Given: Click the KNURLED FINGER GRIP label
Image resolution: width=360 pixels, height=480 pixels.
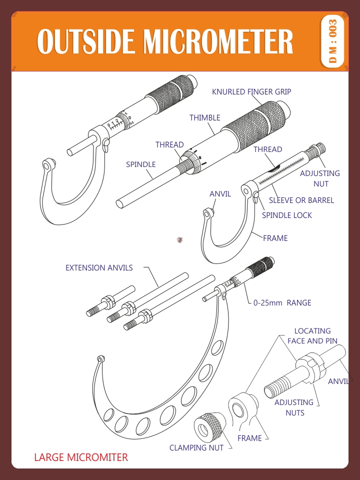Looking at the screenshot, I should click(251, 92).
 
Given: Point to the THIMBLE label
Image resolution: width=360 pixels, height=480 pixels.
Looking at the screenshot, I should click(204, 118).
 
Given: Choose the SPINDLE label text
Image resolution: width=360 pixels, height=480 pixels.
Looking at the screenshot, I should click(140, 164).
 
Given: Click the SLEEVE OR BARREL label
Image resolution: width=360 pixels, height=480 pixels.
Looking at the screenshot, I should click(301, 200).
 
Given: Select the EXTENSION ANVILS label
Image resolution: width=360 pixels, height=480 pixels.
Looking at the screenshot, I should click(99, 268).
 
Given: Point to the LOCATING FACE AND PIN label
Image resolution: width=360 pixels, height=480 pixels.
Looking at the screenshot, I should click(312, 336).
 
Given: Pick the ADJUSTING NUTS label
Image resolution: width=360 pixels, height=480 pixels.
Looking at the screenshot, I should click(294, 407).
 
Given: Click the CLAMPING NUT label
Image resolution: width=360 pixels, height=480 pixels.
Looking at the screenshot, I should click(196, 448).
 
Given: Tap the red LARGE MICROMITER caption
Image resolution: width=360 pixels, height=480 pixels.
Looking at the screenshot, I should click(81, 457).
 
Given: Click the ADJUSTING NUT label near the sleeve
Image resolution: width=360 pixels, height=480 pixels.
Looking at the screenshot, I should click(320, 178).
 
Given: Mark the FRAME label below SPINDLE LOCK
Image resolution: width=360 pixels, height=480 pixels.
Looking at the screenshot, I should click(275, 238).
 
